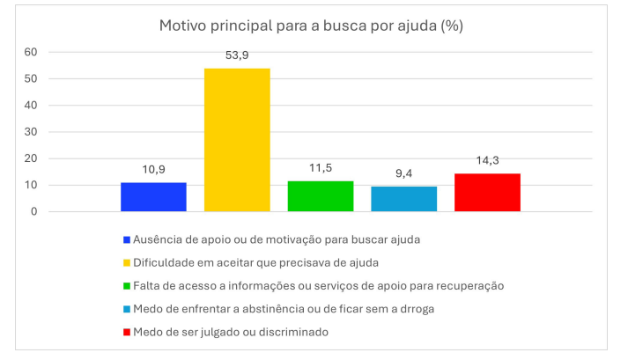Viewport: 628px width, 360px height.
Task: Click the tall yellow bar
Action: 237,139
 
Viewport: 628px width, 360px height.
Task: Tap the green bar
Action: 321,195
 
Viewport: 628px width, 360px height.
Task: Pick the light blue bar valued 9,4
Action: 403,198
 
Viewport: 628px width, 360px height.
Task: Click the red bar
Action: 487,192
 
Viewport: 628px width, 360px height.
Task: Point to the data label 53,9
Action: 237,55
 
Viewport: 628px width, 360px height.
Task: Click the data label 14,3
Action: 487,160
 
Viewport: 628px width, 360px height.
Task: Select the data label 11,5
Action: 321,167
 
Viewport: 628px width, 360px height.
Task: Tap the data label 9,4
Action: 403,173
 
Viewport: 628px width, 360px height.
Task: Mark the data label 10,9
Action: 153,169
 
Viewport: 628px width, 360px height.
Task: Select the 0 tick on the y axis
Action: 33,212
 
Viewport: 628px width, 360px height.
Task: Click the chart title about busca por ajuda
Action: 311,26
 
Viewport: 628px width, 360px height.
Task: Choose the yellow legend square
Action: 128,262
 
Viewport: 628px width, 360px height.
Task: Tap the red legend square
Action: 128,332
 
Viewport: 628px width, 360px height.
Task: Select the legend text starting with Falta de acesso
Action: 318,285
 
